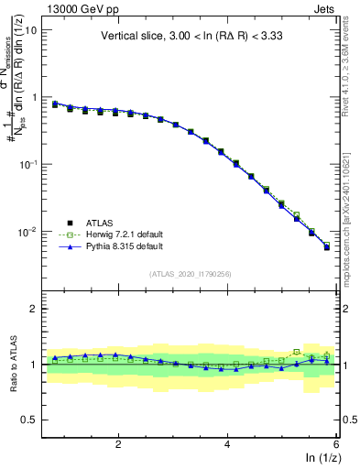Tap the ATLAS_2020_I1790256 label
[190, 274]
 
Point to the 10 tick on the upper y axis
[29, 29]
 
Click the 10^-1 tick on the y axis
[27, 165]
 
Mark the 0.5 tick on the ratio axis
[28, 420]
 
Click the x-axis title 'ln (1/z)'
[322, 458]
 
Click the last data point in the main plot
[327, 247]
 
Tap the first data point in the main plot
[55, 104]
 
